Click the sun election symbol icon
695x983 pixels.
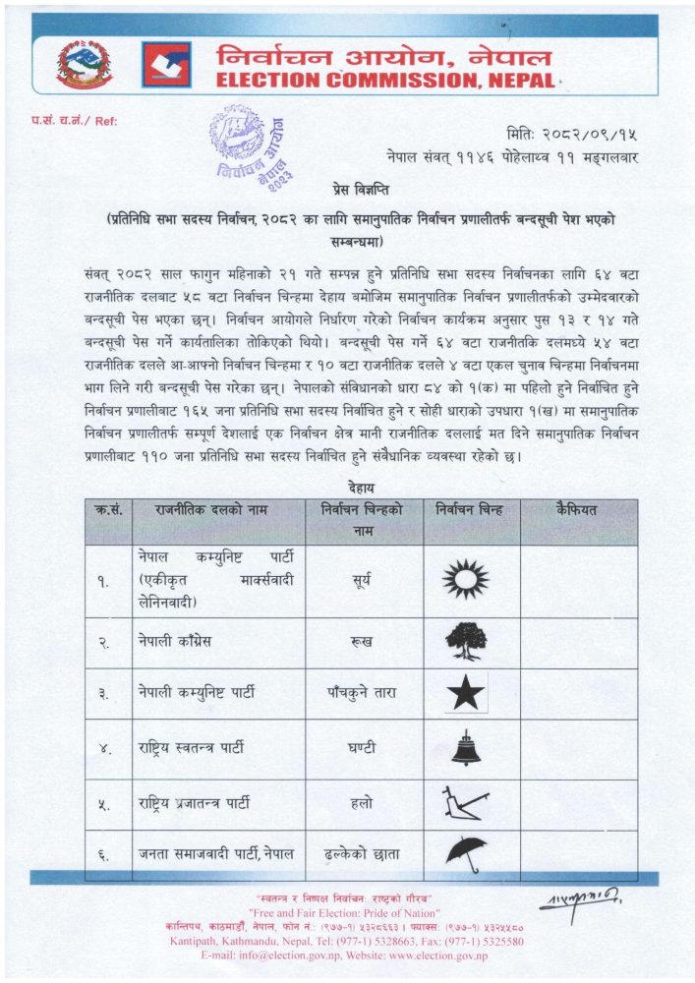465,580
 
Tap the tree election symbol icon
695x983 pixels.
466,641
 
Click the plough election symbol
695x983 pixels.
465,804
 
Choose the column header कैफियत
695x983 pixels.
578,510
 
